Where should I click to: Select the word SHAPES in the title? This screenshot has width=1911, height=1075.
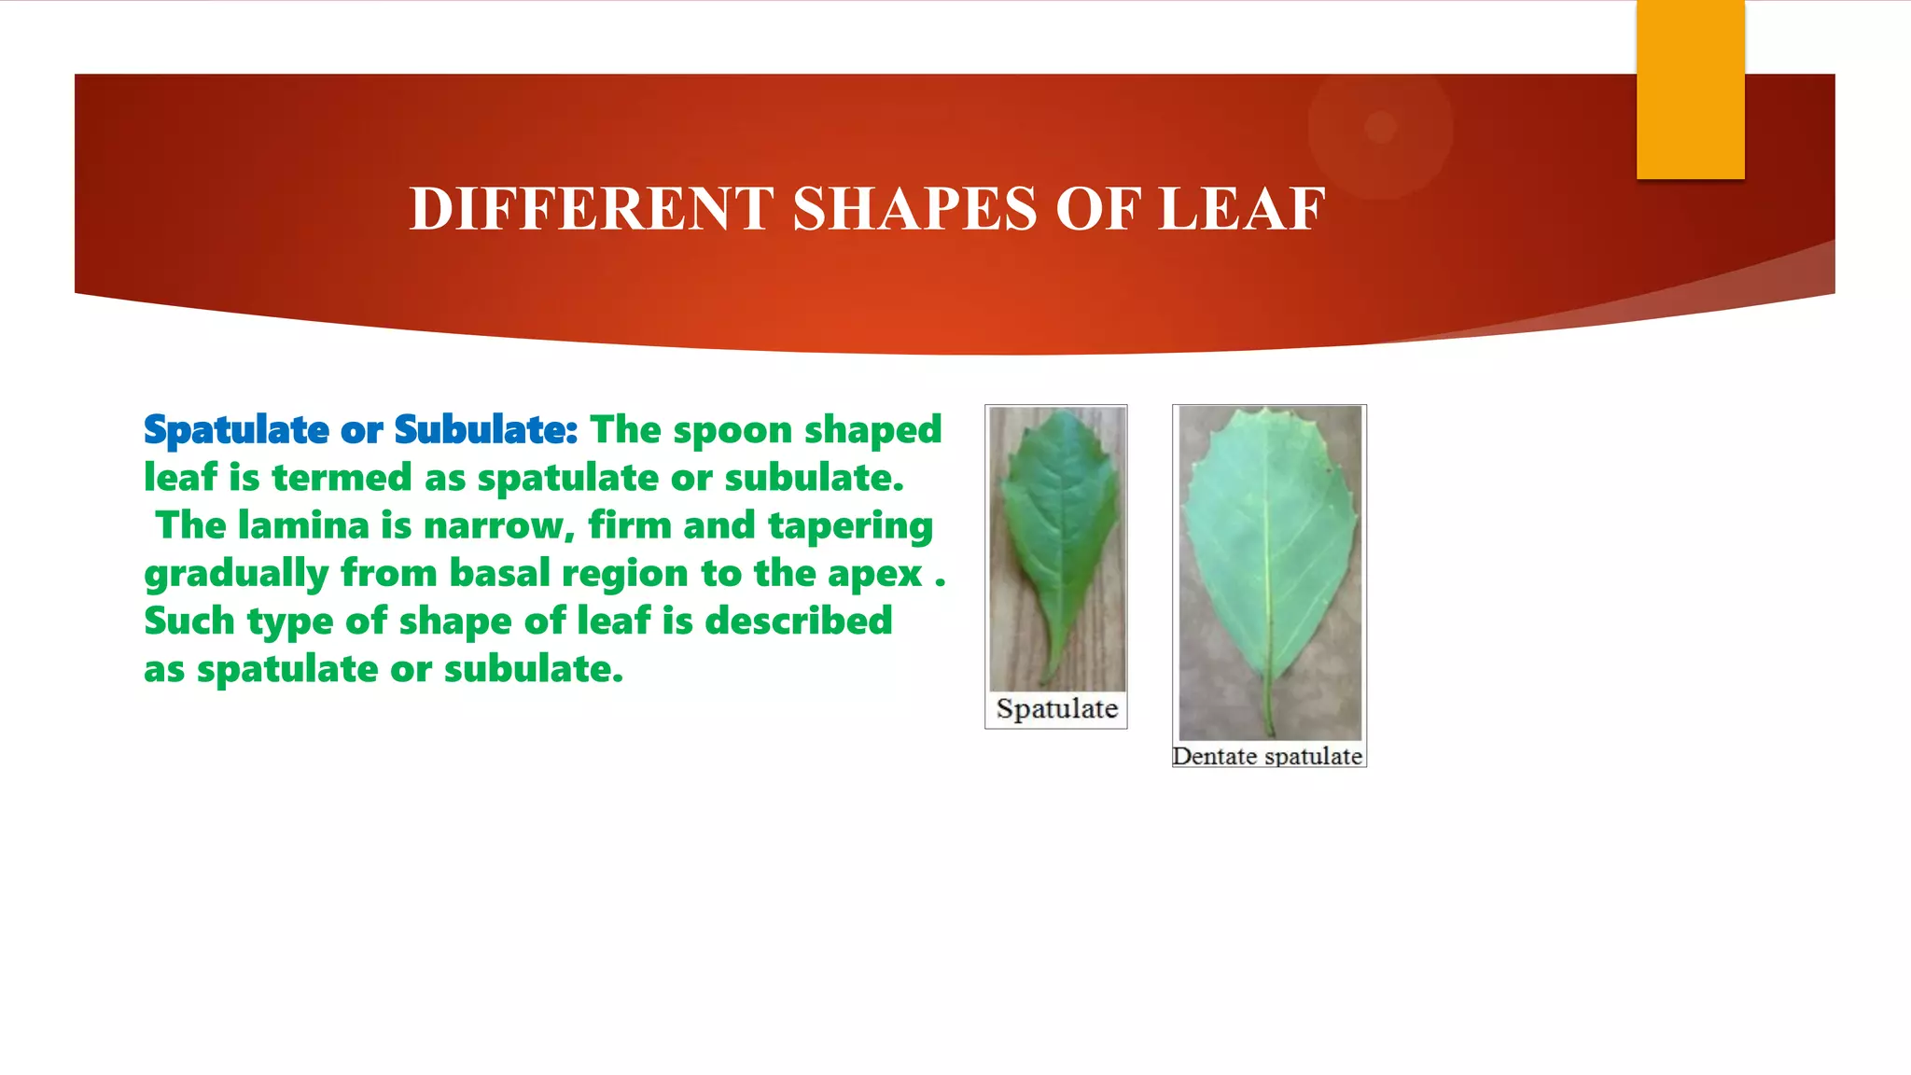point(914,208)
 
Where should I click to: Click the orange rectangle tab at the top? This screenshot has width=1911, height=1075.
point(1690,90)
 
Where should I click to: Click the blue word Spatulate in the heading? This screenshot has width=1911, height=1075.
point(236,430)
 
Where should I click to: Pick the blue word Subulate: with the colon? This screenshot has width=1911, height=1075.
point(485,430)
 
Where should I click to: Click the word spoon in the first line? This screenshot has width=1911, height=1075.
point(732,430)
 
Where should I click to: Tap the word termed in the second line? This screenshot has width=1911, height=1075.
point(342,478)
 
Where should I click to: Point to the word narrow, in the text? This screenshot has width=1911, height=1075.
point(499,525)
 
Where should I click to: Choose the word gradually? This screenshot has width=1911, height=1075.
point(236,574)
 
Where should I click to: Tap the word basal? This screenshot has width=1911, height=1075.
point(500,573)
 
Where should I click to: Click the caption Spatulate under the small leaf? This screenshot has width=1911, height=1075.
point(1056,709)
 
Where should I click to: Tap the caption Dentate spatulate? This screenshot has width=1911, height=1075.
point(1267,756)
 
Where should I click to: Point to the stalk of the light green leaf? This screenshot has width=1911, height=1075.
point(1269,709)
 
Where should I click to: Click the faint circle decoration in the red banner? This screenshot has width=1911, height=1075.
point(1380,127)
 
